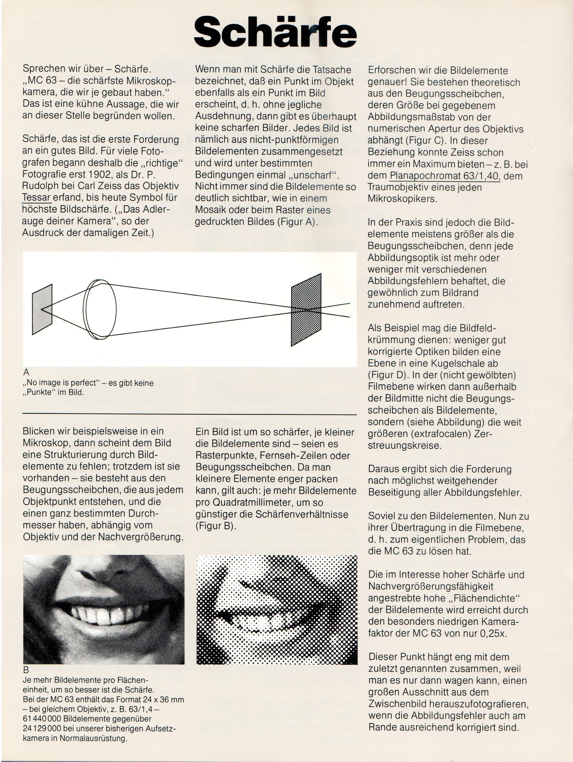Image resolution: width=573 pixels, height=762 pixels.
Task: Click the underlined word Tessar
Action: pos(37,198)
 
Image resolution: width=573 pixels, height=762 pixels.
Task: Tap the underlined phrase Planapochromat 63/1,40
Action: pos(445,176)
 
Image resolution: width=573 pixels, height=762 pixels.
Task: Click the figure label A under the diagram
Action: pos(26,372)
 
